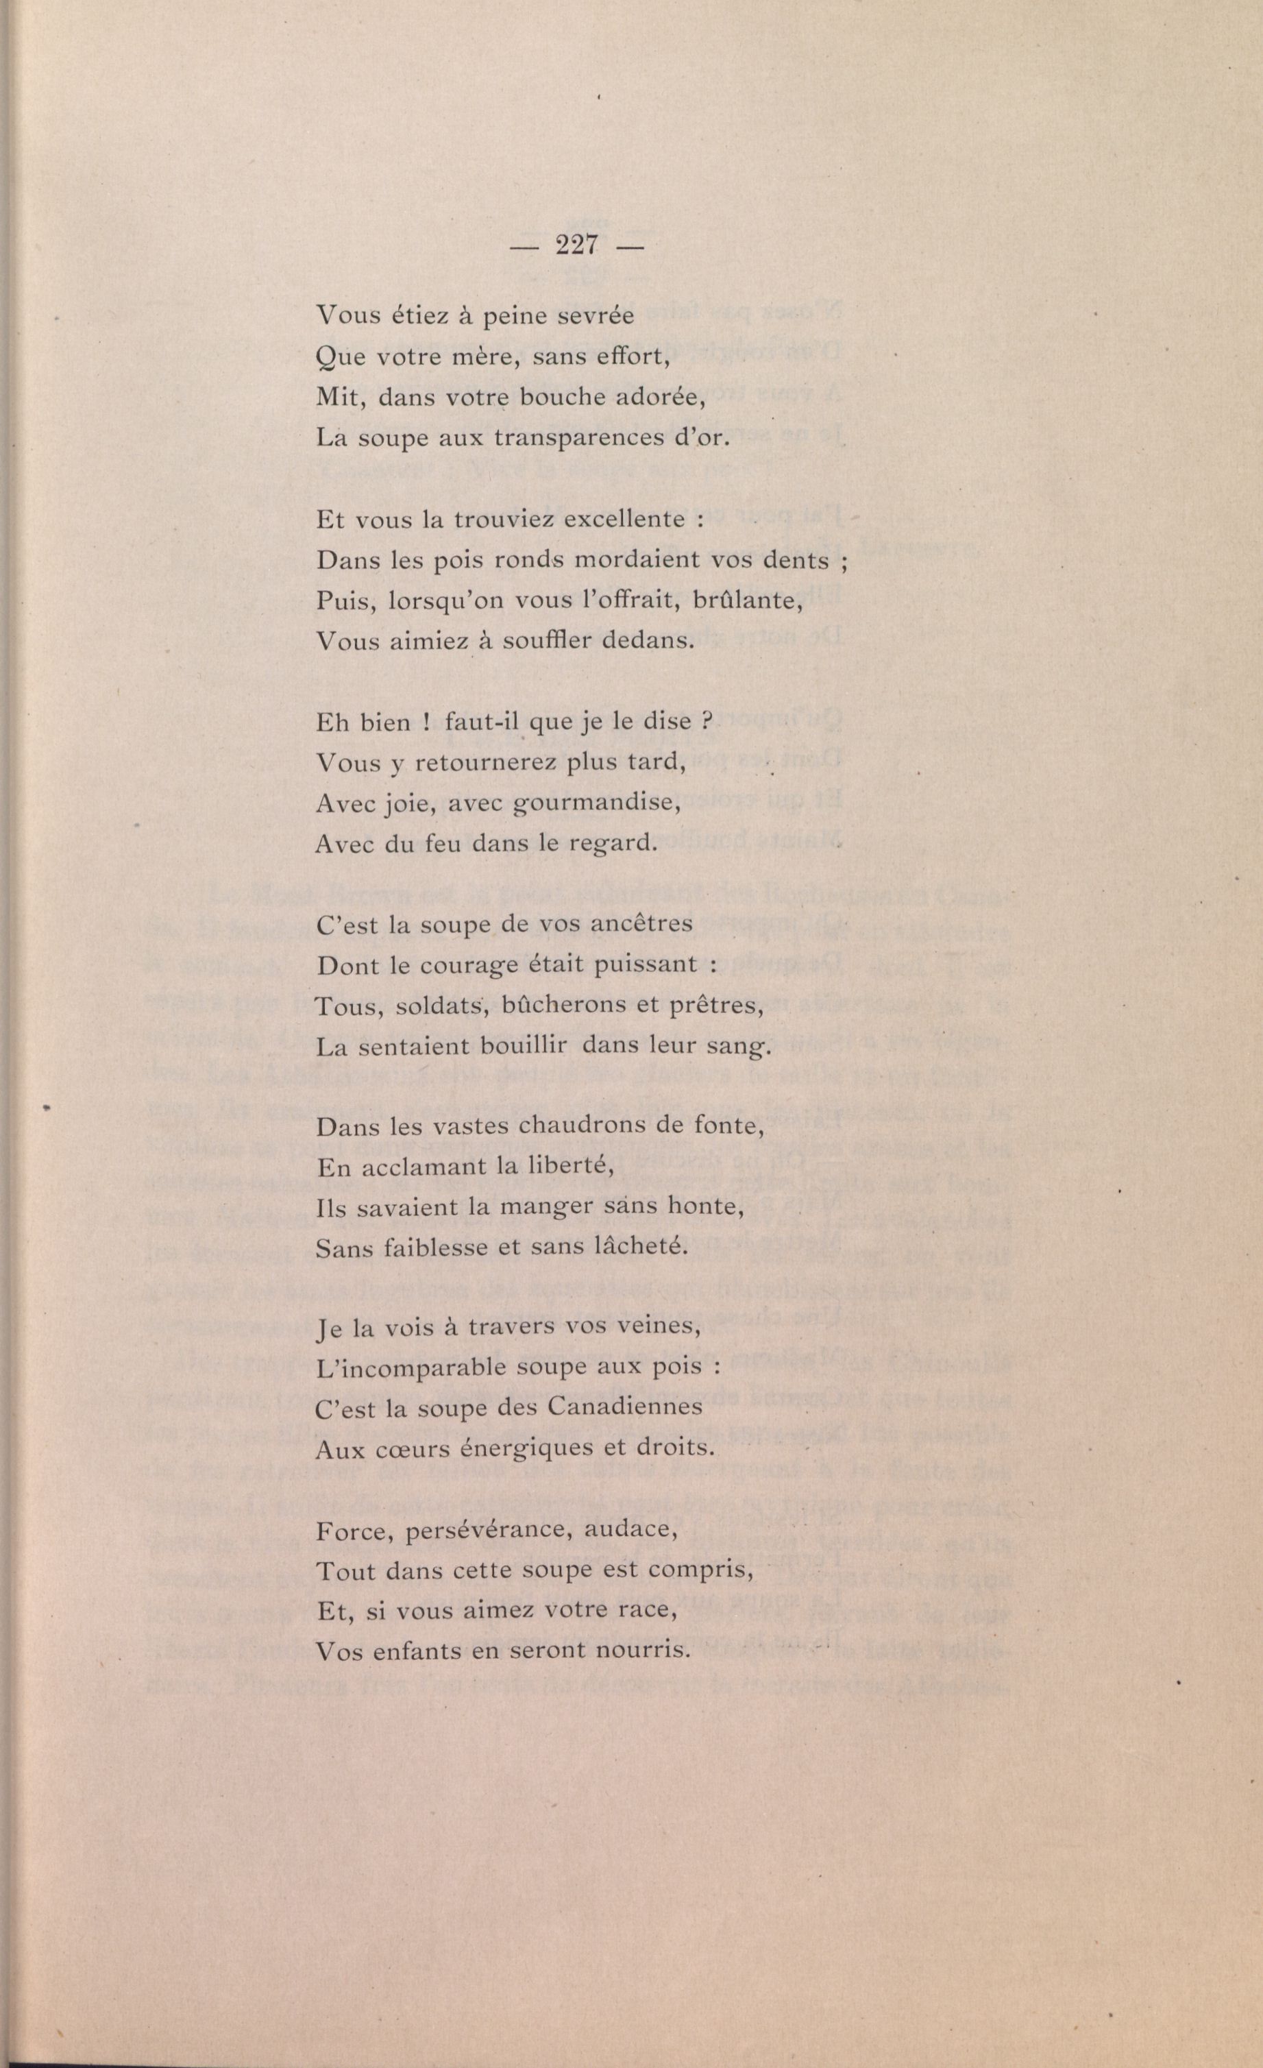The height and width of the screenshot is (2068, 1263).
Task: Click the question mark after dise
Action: pos(706,722)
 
